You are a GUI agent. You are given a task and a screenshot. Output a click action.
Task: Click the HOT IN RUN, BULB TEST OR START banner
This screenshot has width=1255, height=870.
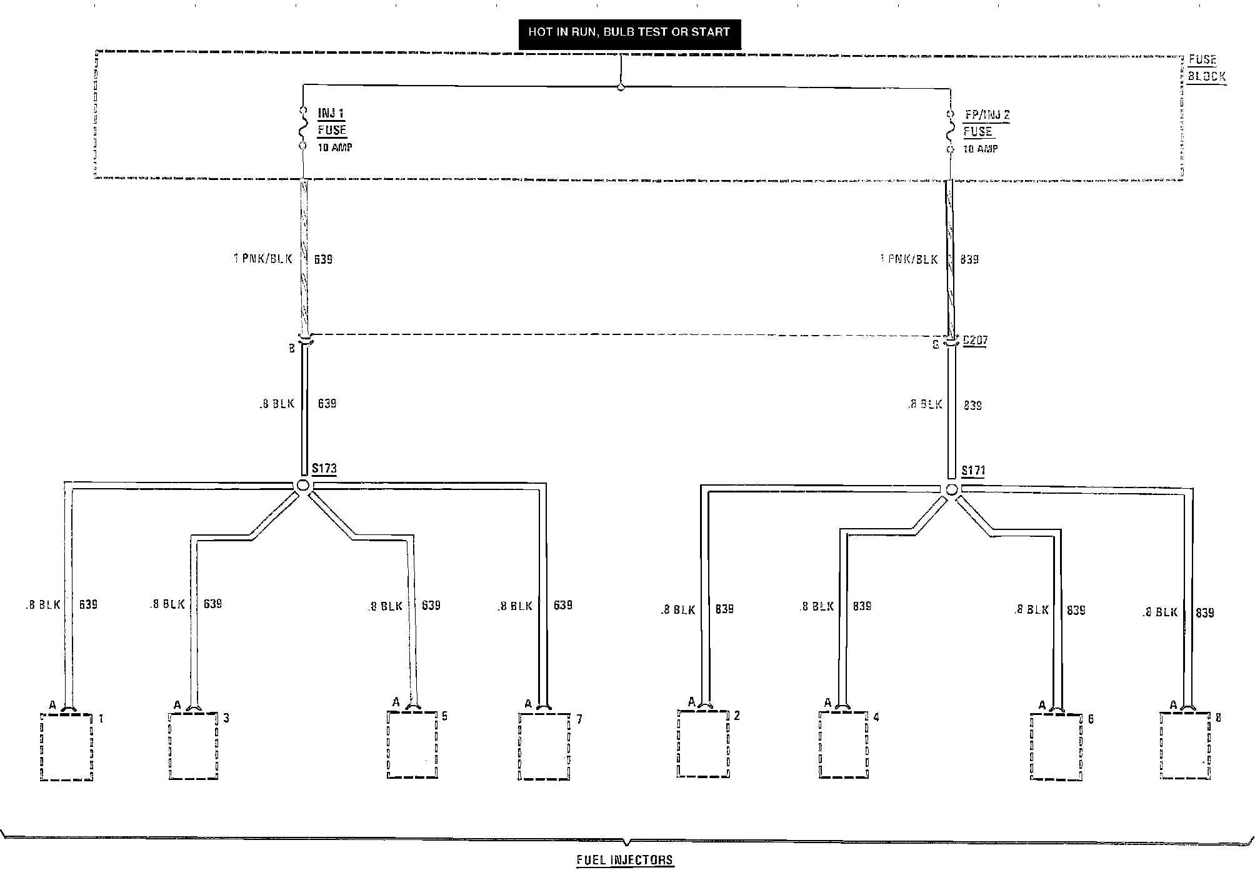pyautogui.click(x=629, y=32)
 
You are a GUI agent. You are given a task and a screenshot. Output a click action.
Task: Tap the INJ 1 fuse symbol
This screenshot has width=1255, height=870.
pyautogui.click(x=303, y=127)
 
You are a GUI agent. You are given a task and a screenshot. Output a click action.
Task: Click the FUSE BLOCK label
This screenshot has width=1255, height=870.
pyautogui.click(x=1206, y=68)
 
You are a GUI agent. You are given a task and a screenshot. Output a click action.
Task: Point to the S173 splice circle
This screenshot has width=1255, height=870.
pyautogui.click(x=303, y=485)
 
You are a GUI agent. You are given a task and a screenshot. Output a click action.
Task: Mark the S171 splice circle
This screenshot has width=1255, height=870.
pyautogui.click(x=951, y=489)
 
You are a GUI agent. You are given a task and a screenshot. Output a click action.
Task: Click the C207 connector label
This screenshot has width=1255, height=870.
pyautogui.click(x=976, y=341)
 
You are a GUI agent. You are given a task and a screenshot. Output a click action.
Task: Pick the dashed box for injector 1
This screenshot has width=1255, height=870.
pyautogui.click(x=66, y=747)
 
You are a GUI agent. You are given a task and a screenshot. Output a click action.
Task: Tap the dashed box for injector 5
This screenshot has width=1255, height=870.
pyautogui.click(x=412, y=744)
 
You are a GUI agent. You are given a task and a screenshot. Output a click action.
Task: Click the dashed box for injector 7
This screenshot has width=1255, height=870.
pyautogui.click(x=544, y=747)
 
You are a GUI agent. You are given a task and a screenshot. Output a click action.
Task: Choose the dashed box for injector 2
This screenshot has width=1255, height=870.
pyautogui.click(x=703, y=744)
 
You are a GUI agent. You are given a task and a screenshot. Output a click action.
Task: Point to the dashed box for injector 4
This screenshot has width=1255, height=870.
pyautogui.click(x=844, y=744)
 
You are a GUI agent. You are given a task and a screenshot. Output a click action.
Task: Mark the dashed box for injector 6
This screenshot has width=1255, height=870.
pyautogui.click(x=1056, y=747)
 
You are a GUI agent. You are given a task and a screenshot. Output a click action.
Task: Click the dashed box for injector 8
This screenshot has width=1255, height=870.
pyautogui.click(x=1185, y=746)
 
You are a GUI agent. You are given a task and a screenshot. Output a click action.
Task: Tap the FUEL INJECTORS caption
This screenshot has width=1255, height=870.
pyautogui.click(x=625, y=860)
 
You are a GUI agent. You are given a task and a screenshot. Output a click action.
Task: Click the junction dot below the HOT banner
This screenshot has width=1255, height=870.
pyautogui.click(x=621, y=87)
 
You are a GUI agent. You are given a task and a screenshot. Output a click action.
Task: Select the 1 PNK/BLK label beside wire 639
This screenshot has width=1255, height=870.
pyautogui.click(x=264, y=259)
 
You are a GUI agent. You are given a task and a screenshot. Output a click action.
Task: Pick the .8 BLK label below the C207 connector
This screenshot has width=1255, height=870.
pyautogui.click(x=925, y=404)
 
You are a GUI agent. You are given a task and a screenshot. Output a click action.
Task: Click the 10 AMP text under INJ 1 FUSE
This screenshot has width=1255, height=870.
pyautogui.click(x=335, y=148)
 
